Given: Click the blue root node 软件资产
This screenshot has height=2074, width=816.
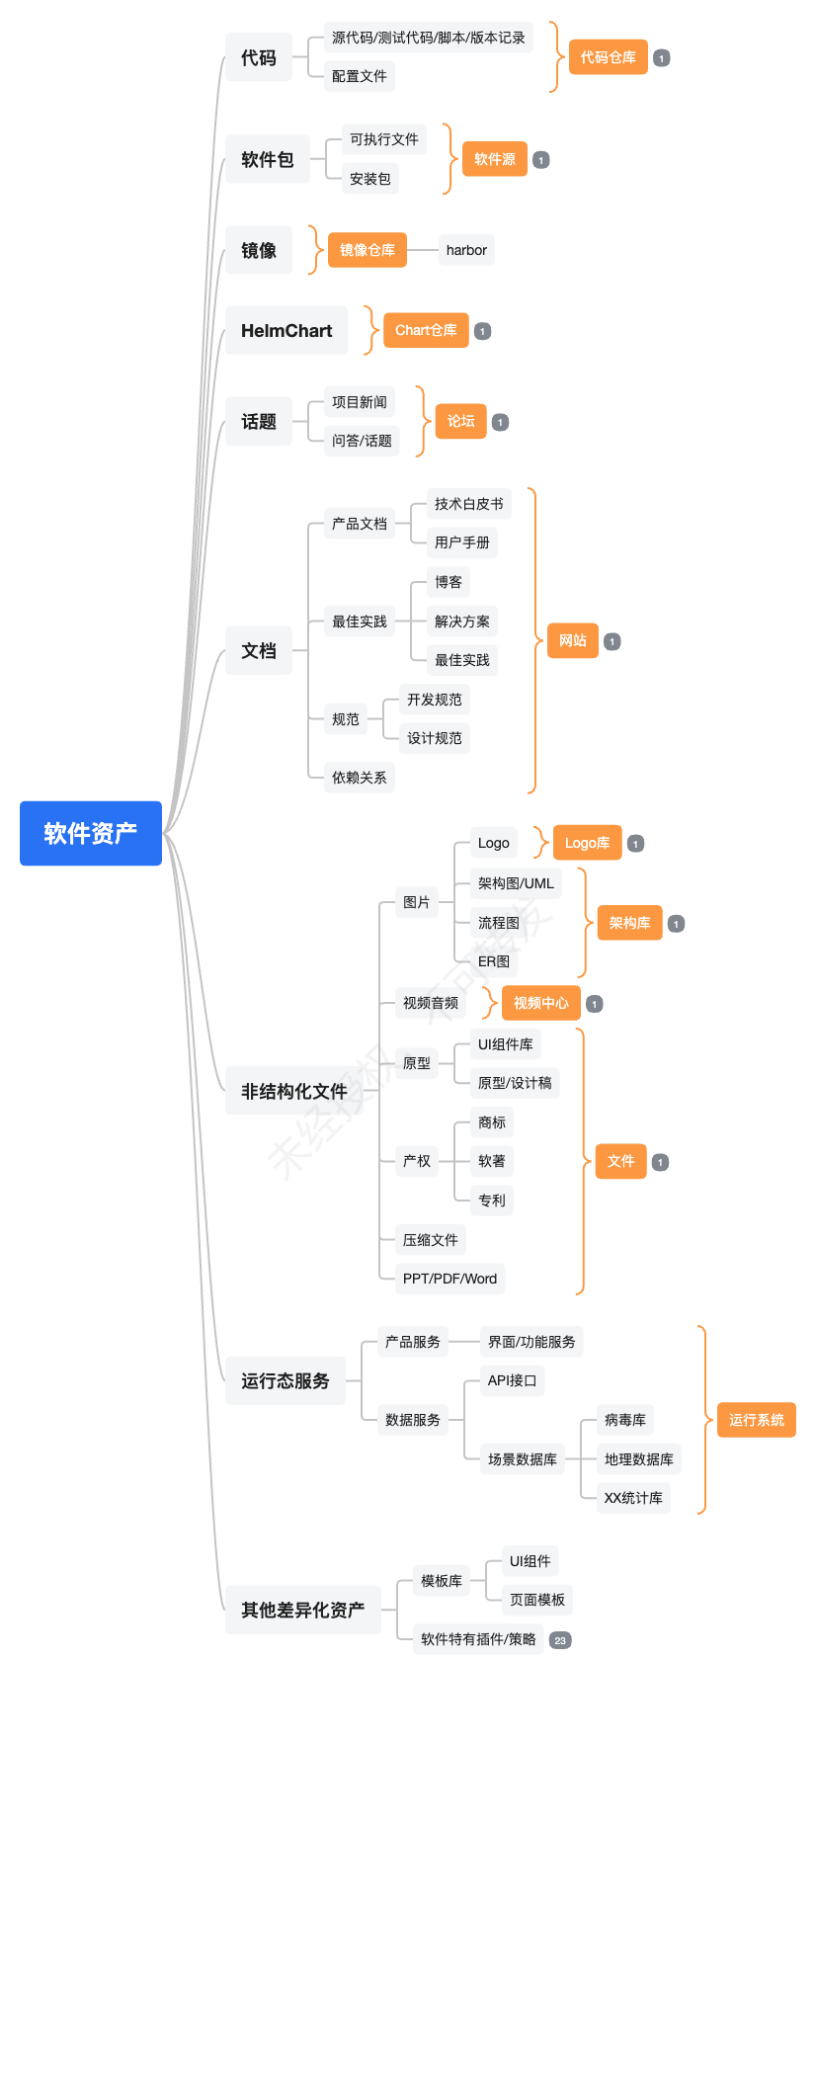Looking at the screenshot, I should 90,833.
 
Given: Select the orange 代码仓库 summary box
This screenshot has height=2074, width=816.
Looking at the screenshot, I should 608,57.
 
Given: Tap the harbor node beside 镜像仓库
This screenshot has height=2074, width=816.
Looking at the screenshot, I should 466,250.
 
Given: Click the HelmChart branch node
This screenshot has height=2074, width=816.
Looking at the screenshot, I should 286,330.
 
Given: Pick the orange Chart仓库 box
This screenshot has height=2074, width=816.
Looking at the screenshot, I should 426,330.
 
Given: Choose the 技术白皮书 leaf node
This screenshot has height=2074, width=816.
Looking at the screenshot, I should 468,504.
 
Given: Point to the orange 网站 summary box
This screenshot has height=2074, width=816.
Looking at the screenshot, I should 572,640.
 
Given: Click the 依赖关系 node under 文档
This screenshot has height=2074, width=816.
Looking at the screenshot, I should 359,778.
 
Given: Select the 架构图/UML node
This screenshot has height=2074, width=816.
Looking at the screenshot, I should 516,883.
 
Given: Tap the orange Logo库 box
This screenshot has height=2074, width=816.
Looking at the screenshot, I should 587,843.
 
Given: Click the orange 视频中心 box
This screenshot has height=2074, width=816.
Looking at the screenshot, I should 540,1003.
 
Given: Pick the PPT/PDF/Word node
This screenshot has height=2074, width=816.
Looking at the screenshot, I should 449,1279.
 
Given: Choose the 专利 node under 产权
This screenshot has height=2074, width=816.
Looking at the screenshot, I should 491,1201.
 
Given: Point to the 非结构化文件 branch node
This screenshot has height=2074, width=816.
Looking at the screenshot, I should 293,1091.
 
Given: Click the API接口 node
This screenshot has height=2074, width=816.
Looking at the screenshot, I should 512,1380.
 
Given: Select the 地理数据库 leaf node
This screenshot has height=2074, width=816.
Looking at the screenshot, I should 638,1459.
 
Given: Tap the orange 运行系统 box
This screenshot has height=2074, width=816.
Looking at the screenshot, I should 756,1420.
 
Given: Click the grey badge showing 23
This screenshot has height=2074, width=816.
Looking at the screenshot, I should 560,1640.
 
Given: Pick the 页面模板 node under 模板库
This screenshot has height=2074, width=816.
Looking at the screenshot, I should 536,1600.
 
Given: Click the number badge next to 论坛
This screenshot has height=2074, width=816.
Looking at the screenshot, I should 501,422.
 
